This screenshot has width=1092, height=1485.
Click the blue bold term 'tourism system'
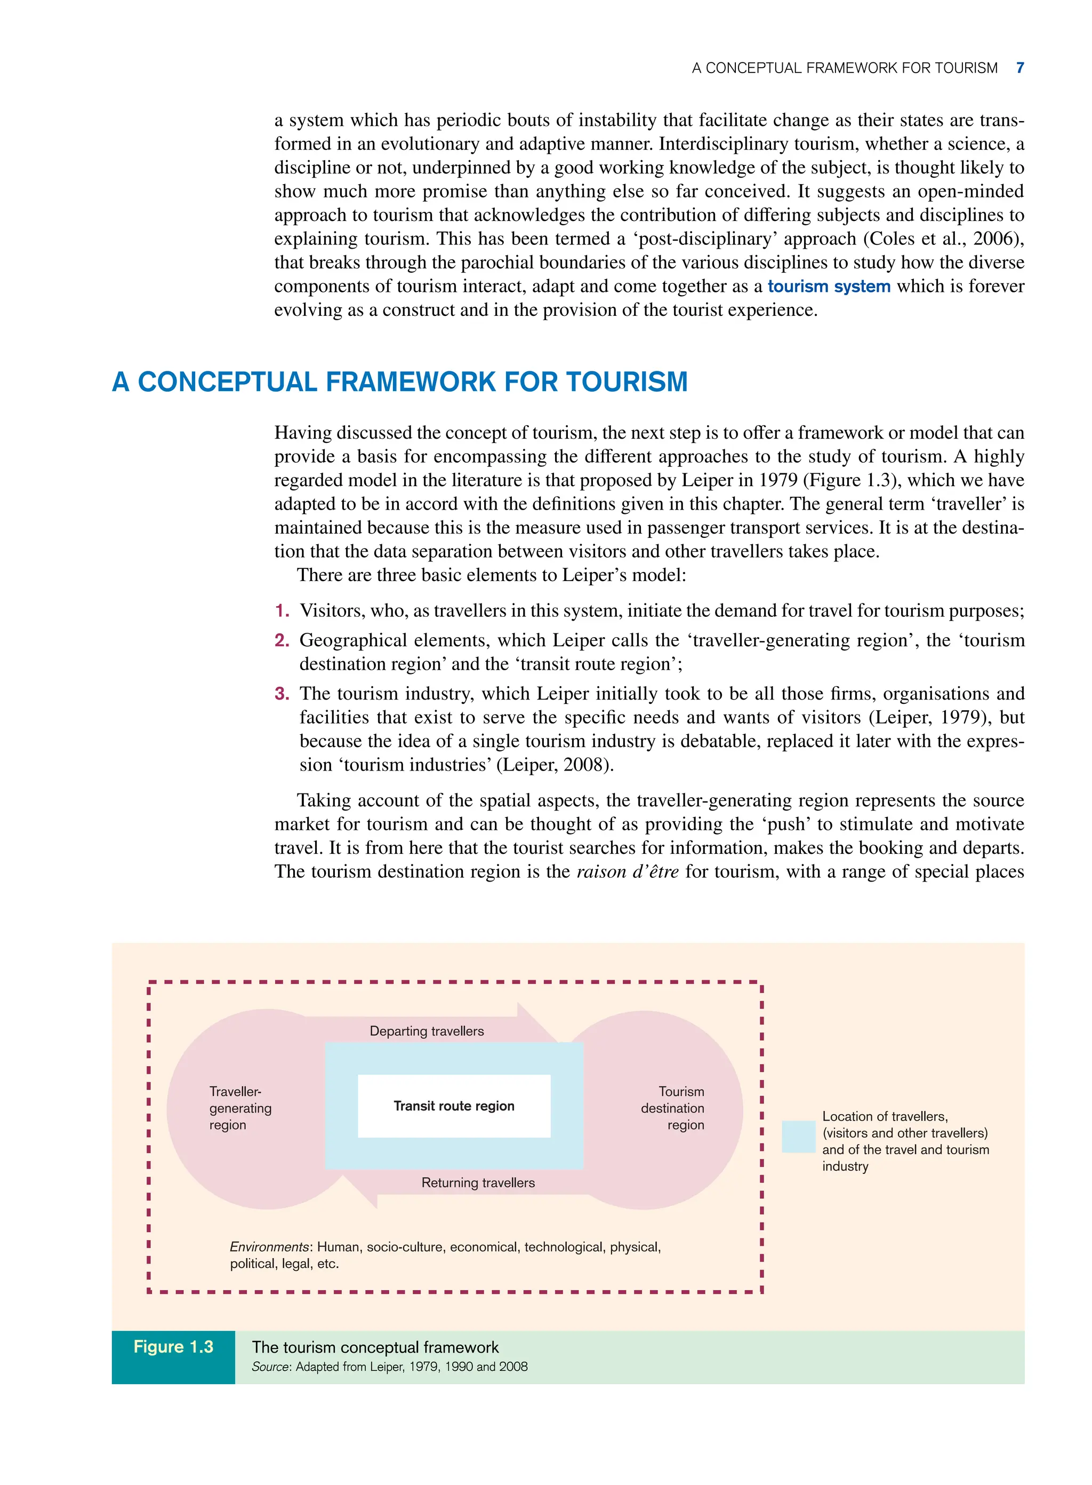829,287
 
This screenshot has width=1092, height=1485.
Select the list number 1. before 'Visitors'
282,610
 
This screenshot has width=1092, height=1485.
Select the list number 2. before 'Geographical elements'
282,640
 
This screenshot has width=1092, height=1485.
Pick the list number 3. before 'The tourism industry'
282,694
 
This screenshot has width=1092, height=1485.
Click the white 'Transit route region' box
454,1106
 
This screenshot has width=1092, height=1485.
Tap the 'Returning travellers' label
478,1182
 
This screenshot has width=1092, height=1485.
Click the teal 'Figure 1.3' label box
173,1347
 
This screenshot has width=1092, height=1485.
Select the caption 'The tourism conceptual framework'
375,1347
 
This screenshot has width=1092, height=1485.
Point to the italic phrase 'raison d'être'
627,872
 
